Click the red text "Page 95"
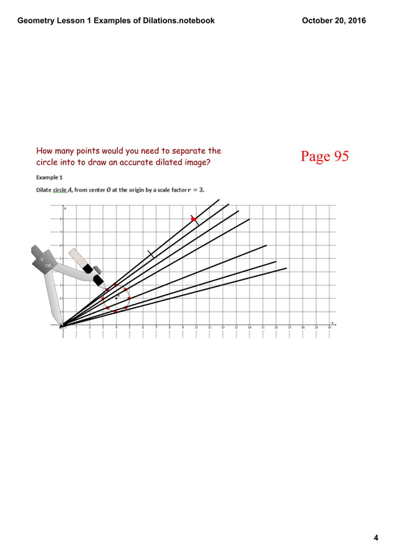(x=325, y=156)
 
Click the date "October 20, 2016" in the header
(x=333, y=20)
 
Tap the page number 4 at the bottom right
(x=376, y=538)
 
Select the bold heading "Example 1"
(x=49, y=177)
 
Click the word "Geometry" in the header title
(x=37, y=20)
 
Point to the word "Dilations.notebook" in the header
(x=180, y=20)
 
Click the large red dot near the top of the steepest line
(x=194, y=220)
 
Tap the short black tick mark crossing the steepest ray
(x=151, y=254)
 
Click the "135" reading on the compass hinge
(x=48, y=265)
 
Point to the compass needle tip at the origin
(x=62, y=325)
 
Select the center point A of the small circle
(x=116, y=298)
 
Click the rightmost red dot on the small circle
(x=129, y=298)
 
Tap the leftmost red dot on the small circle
(x=103, y=299)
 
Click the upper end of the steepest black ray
(x=219, y=199)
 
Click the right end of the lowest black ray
(x=286, y=269)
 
